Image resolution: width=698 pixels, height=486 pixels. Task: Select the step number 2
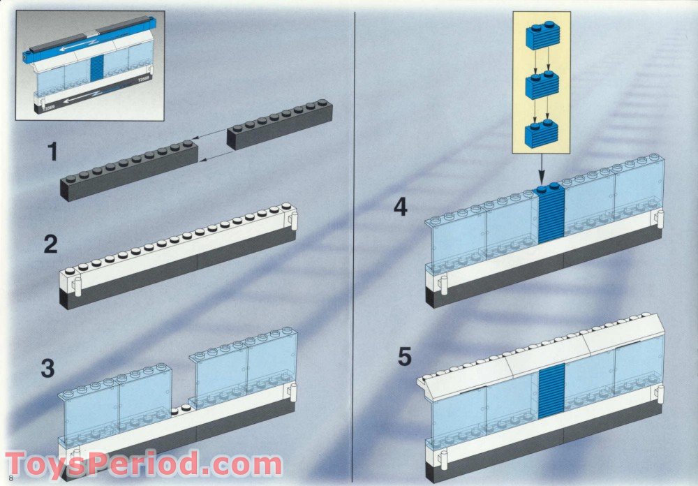point(51,244)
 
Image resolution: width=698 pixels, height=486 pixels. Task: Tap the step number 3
point(47,368)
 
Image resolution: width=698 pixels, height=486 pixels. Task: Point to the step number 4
point(400,207)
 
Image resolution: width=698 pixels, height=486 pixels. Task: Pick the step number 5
point(405,356)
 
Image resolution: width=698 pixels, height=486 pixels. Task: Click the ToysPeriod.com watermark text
point(143,464)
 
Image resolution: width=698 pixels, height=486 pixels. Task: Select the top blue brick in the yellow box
point(542,36)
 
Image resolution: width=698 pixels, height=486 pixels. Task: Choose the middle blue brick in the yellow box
point(542,84)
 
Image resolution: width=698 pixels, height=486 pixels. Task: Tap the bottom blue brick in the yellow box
point(542,133)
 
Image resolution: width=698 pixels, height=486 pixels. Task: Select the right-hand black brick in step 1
point(279,124)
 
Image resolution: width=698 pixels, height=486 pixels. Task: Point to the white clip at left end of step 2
point(77,286)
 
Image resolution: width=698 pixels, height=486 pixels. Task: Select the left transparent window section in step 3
point(115,405)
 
